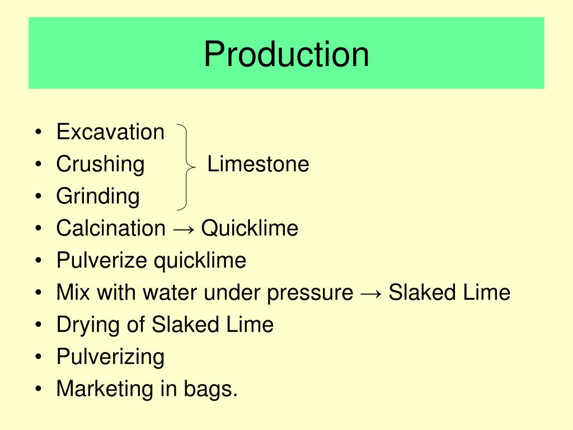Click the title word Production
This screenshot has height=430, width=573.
click(286, 54)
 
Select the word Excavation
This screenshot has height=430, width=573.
click(110, 132)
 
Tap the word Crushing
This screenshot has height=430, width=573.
click(100, 165)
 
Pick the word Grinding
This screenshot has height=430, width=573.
click(98, 197)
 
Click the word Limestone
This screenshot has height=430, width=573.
click(258, 164)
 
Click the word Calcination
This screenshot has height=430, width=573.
click(111, 228)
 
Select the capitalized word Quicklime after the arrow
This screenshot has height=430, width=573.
click(250, 228)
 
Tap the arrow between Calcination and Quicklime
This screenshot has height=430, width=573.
click(184, 229)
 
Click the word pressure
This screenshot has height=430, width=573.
click(310, 293)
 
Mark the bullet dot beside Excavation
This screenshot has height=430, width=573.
click(37, 133)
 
